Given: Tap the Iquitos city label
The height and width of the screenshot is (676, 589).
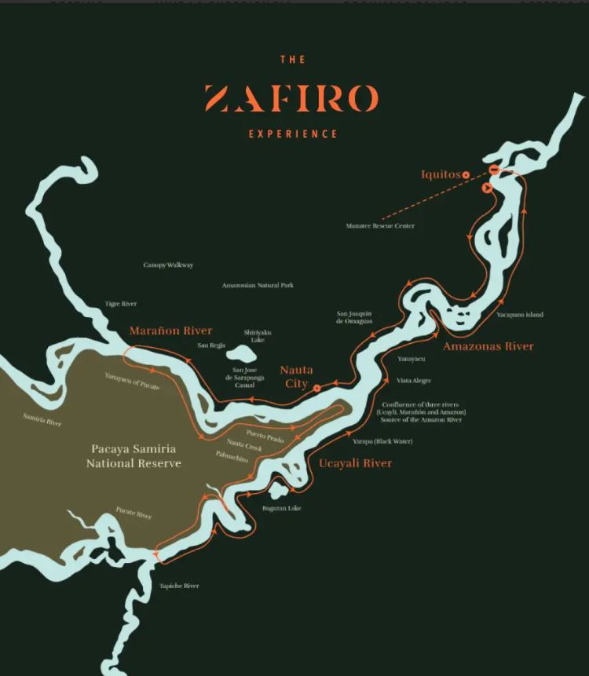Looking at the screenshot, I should [440, 174].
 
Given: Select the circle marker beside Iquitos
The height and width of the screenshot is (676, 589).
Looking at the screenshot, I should [466, 174].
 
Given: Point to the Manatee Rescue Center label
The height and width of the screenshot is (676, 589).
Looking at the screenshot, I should [380, 226].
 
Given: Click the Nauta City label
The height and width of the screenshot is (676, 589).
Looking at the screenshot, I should [295, 376].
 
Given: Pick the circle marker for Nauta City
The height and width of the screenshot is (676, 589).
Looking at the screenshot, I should [316, 388].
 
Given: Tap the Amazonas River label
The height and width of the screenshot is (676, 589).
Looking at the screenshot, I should [488, 346].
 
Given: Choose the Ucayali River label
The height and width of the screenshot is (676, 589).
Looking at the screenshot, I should [355, 464].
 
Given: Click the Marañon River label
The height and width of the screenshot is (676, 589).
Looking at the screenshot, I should [170, 331].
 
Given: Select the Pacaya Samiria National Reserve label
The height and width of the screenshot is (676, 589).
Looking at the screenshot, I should [133, 456].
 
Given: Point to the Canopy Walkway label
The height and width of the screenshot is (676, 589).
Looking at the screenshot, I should [168, 265].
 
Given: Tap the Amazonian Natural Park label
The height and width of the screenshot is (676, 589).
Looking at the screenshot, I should [258, 285].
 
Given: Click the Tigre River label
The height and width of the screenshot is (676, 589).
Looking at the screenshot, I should [121, 304].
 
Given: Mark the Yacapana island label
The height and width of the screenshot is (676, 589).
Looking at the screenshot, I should [520, 315].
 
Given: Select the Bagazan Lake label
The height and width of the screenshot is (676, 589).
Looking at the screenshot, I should [282, 509].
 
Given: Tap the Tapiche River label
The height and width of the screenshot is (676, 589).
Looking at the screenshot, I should [179, 586].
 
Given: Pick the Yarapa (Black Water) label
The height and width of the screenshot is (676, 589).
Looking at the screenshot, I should [382, 441].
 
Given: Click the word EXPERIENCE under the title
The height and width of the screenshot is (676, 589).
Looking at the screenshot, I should [293, 134].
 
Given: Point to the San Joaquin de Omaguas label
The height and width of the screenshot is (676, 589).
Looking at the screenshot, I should [354, 317].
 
